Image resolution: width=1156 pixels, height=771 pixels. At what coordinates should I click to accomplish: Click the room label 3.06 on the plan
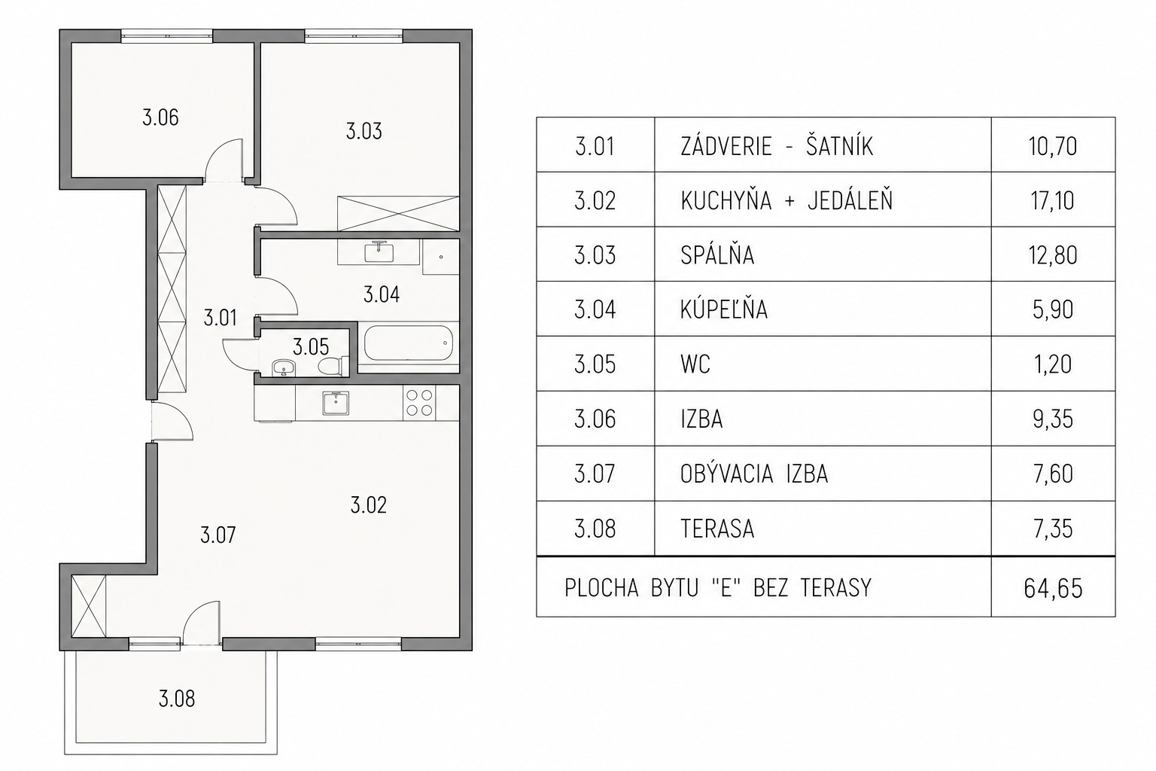click(x=160, y=117)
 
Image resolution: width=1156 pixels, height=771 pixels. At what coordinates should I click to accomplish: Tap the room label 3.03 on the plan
click(x=364, y=131)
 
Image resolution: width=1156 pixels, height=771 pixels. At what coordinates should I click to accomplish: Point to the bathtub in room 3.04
click(x=408, y=343)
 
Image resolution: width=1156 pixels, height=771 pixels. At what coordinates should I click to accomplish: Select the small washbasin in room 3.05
click(x=283, y=367)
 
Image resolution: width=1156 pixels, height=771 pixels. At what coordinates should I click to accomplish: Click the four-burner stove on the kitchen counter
click(x=419, y=403)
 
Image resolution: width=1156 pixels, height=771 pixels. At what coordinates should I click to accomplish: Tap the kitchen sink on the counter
click(x=336, y=403)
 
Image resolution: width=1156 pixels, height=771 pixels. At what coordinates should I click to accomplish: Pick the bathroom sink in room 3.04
click(x=379, y=252)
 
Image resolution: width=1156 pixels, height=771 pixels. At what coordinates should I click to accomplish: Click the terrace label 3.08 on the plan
click(x=177, y=699)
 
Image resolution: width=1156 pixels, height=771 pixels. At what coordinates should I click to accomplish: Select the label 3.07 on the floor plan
click(x=218, y=535)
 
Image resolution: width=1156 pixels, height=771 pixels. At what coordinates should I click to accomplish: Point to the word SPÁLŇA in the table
click(x=717, y=254)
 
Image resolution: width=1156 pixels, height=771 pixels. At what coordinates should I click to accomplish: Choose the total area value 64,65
click(x=1053, y=589)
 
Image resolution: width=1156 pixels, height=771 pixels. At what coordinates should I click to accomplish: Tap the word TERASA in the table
click(x=717, y=529)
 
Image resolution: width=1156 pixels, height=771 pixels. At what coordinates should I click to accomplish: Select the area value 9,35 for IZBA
click(x=1053, y=419)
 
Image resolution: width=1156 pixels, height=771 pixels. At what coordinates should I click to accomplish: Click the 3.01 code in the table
click(x=595, y=146)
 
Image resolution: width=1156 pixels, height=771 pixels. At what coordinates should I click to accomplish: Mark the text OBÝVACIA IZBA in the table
click(x=754, y=474)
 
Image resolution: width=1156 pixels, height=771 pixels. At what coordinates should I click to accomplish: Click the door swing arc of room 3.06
click(x=218, y=150)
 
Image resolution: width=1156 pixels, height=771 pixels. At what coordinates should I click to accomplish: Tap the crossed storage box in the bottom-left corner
click(x=88, y=606)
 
